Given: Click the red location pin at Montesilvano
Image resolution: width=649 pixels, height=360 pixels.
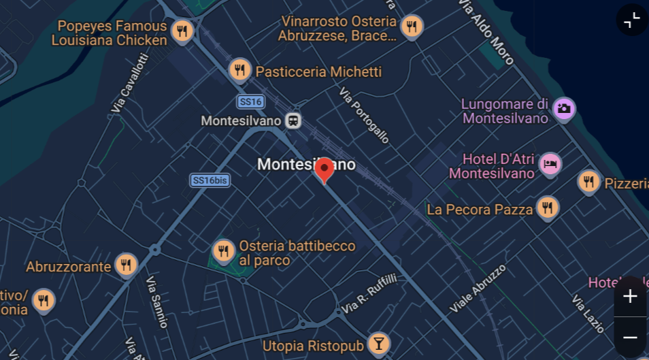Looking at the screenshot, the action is [324, 169].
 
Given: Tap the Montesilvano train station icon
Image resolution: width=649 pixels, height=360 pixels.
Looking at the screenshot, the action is [293, 120].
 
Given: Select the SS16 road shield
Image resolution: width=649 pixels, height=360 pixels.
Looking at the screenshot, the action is [250, 101].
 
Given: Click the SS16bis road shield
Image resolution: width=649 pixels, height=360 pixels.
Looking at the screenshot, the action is [210, 180].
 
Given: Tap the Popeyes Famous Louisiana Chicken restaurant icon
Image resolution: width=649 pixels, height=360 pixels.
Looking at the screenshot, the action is [182, 31].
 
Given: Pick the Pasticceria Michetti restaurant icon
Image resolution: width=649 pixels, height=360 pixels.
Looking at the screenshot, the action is [239, 69].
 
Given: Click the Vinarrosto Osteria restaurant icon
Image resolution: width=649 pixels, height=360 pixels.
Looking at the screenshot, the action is [411, 27].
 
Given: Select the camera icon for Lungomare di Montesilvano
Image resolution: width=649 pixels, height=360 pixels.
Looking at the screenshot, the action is [563, 108].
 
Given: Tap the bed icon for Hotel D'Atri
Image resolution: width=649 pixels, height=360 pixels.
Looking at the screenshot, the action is [550, 163].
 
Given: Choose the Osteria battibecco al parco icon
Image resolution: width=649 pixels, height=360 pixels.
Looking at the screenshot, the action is [224, 250].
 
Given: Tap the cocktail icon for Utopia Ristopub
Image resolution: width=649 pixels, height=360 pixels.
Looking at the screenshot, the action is [379, 343].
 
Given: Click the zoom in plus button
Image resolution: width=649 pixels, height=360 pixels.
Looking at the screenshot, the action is [630, 297].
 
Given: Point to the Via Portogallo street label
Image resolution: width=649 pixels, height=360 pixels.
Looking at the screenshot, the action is [364, 116].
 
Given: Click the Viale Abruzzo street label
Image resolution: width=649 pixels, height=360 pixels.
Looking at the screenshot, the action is [478, 289].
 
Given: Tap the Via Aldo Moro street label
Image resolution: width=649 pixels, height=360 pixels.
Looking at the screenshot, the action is [486, 31].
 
